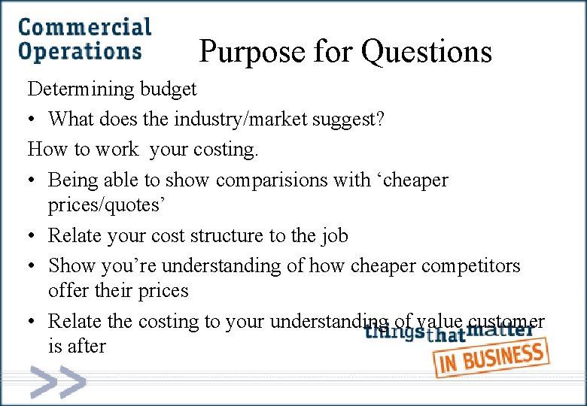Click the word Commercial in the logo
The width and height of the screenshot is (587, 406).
tap(84, 29)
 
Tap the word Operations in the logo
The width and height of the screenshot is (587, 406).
tap(80, 51)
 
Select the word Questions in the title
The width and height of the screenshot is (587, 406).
tap(426, 52)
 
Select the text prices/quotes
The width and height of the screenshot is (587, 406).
tap(117, 205)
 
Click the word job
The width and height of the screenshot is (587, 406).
tap(333, 236)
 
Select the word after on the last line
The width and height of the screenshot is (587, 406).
tap(87, 347)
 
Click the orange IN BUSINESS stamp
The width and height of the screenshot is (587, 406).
tap(491, 359)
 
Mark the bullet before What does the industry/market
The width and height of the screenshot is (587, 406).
tap(32, 120)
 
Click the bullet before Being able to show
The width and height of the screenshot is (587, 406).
tap(32, 180)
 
